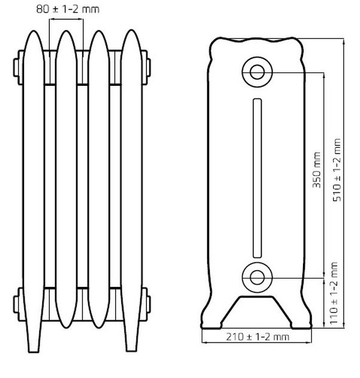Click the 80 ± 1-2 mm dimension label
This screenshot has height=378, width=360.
click(68, 9)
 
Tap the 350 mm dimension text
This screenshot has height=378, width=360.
click(317, 170)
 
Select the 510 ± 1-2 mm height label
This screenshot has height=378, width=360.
click(337, 170)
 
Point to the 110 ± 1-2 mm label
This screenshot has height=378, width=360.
click(334, 293)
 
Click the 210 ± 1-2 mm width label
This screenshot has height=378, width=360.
click(257, 337)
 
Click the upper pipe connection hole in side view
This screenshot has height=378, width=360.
click(257, 72)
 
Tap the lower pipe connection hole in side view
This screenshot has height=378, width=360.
click(257, 277)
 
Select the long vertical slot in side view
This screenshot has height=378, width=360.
click(257, 178)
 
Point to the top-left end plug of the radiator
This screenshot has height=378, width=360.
click(16, 67)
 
